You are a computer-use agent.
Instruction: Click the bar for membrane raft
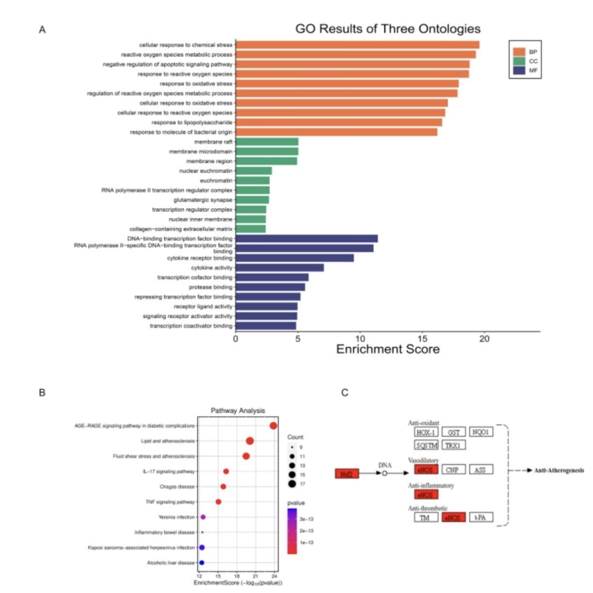[x=267, y=142]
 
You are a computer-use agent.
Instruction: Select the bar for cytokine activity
[x=280, y=268]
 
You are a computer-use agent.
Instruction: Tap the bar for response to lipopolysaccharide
[x=338, y=122]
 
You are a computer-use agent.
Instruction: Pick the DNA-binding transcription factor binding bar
[x=306, y=239]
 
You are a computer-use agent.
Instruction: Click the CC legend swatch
[x=519, y=61]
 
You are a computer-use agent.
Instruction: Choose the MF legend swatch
[x=519, y=70]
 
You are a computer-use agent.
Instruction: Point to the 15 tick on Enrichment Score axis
[x=422, y=338]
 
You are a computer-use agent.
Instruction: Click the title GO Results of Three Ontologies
[x=387, y=29]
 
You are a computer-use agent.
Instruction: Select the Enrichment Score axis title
[x=387, y=350]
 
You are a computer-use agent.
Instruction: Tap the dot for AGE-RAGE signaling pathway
[x=273, y=426]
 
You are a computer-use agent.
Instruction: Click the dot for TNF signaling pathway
[x=218, y=502]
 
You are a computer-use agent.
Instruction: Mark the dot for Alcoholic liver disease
[x=202, y=562]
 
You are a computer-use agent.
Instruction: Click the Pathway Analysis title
[x=238, y=411]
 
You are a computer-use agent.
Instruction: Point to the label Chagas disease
[x=177, y=486]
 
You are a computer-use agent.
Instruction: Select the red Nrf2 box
[x=347, y=474]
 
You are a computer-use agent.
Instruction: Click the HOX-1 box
[x=426, y=432]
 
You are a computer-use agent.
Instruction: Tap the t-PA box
[x=480, y=517]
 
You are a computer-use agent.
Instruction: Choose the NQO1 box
[x=481, y=432]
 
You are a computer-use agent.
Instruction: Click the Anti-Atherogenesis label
[x=559, y=470]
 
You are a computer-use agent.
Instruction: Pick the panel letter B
[x=42, y=392]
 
